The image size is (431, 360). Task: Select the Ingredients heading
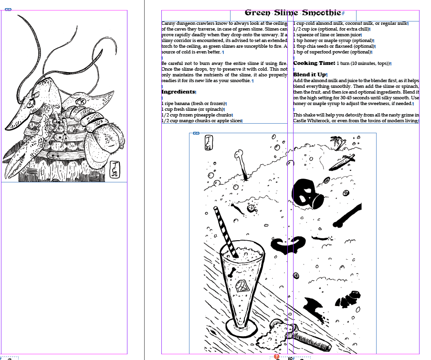[x=178, y=92]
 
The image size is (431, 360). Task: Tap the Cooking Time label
[x=314, y=63]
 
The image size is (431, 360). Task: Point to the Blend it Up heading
[x=309, y=74]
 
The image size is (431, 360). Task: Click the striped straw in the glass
[x=225, y=232]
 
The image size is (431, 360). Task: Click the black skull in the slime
[x=308, y=193]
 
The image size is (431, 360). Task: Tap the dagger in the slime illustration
[x=342, y=162]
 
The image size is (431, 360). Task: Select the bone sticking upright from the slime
[x=242, y=164]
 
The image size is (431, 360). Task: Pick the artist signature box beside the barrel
[x=115, y=169]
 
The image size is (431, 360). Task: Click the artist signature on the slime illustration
[x=209, y=142]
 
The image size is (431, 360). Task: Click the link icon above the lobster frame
[x=8, y=10]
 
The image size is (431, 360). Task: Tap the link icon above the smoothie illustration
[x=196, y=133]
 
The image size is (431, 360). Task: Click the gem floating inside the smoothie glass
[x=242, y=286]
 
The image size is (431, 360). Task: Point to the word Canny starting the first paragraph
[x=168, y=23]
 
